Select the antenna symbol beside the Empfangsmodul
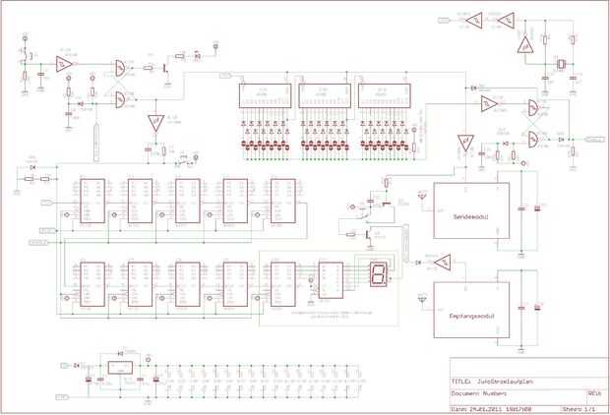(422, 296)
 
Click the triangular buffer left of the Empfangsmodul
(446, 262)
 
